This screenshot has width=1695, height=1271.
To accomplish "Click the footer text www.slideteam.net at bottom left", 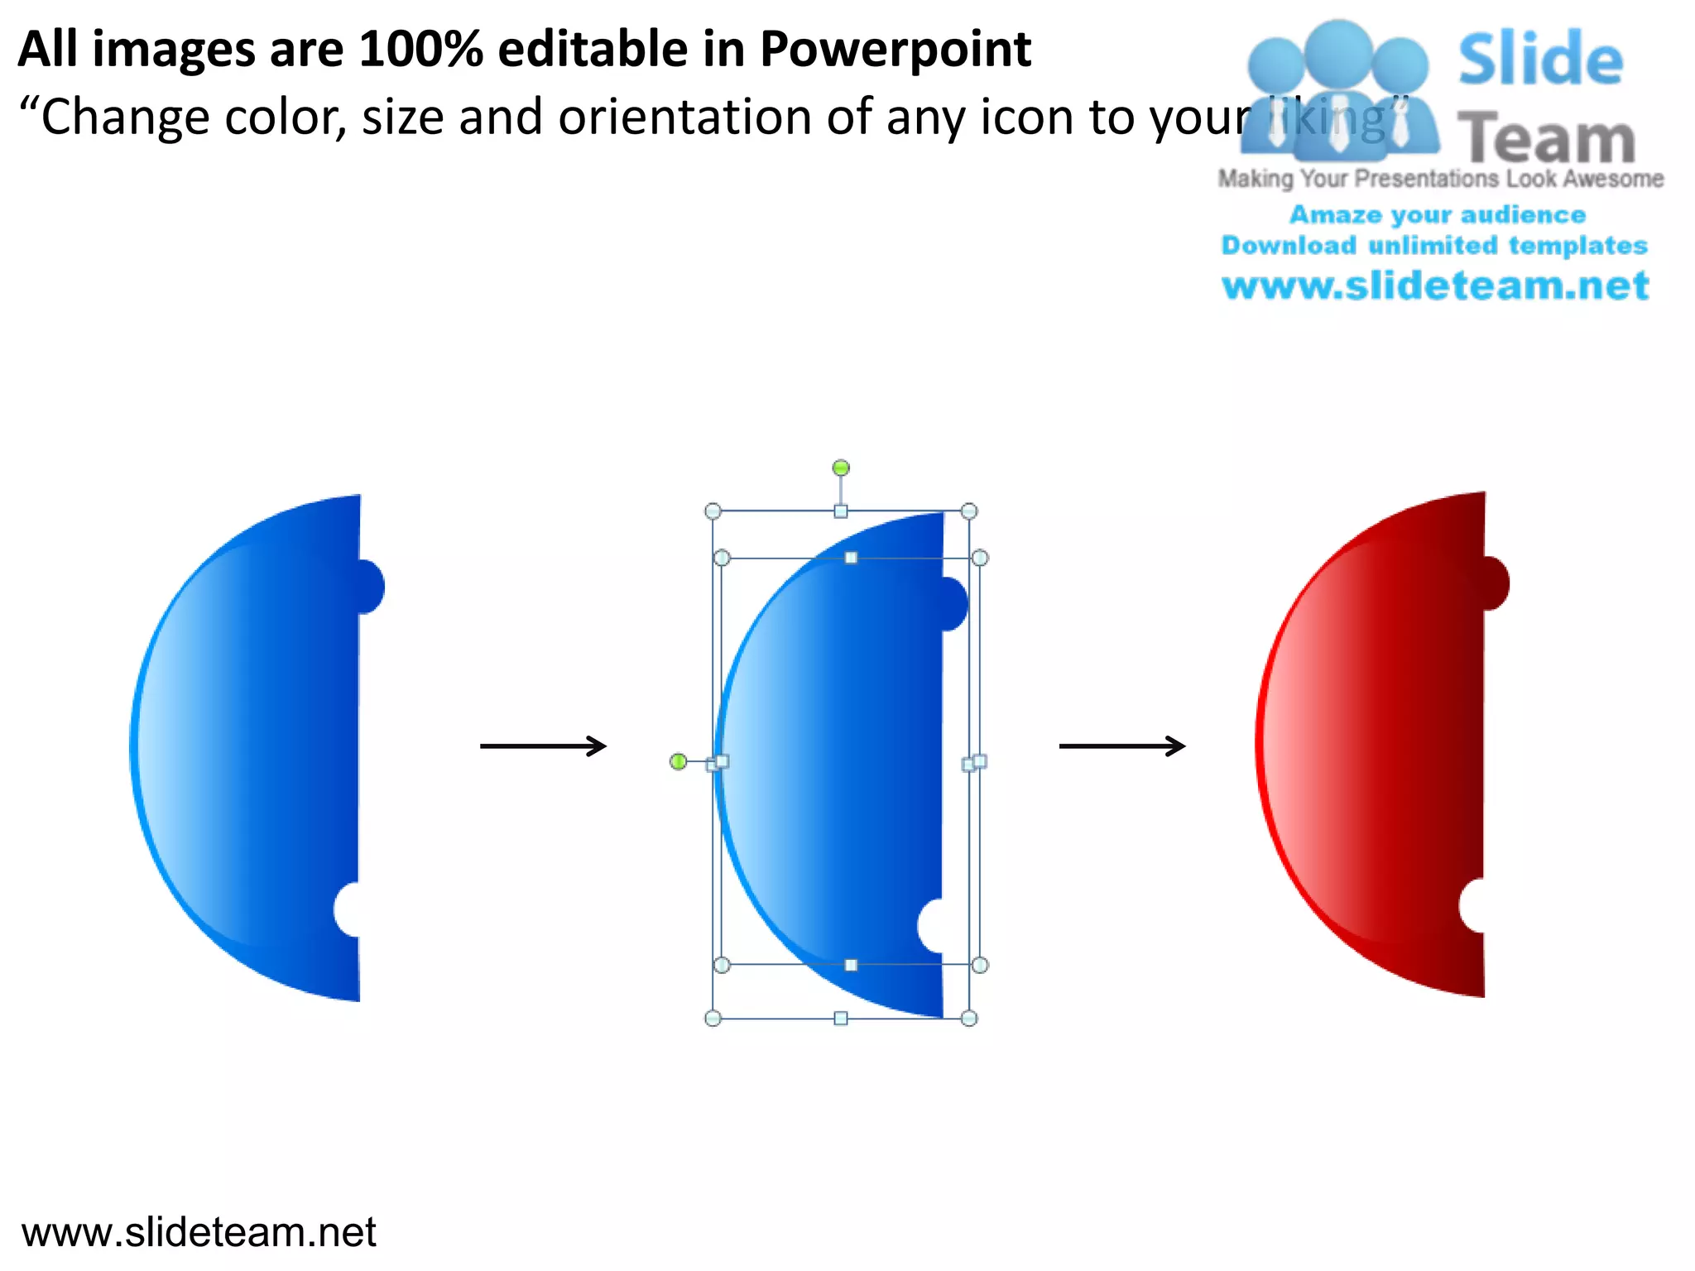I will pos(199,1232).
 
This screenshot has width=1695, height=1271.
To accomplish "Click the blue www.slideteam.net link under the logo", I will pos(1435,286).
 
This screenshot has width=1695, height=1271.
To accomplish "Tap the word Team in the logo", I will pos(1546,139).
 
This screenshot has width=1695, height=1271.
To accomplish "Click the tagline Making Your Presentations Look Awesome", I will pos(1440,179).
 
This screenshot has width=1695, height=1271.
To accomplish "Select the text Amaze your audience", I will pos(1438,215).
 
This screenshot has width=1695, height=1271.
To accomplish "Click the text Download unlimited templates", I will pos(1434,246).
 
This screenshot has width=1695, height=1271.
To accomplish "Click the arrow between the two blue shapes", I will pos(543,746).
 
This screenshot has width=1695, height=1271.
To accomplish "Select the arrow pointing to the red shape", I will pos(1122,746).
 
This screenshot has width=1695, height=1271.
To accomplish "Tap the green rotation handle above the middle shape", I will pos(841,468).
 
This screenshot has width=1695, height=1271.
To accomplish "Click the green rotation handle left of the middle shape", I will pos(678,761).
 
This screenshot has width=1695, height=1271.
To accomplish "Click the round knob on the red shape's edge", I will pos(1495,583).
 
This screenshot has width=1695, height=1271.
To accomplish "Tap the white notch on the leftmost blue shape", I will pos(348,909).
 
